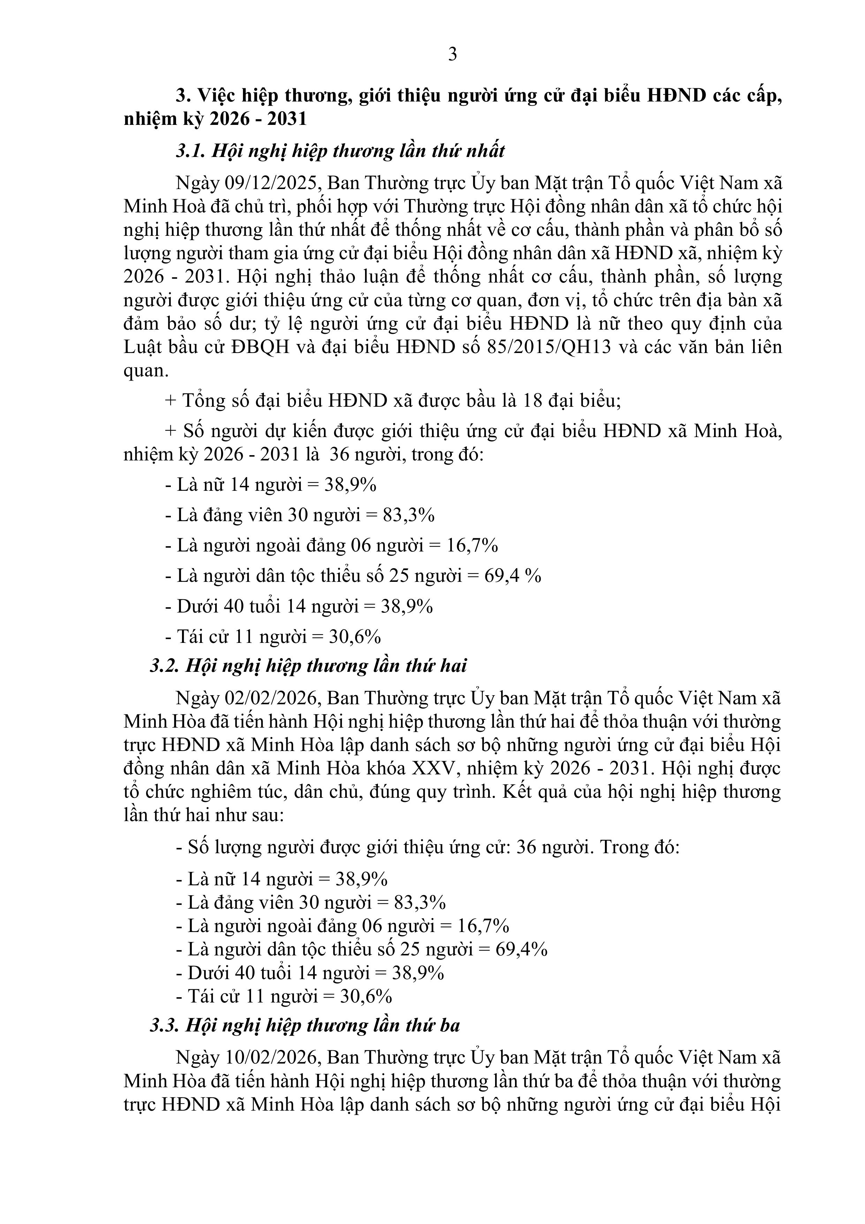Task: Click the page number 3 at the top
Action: click(453, 54)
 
